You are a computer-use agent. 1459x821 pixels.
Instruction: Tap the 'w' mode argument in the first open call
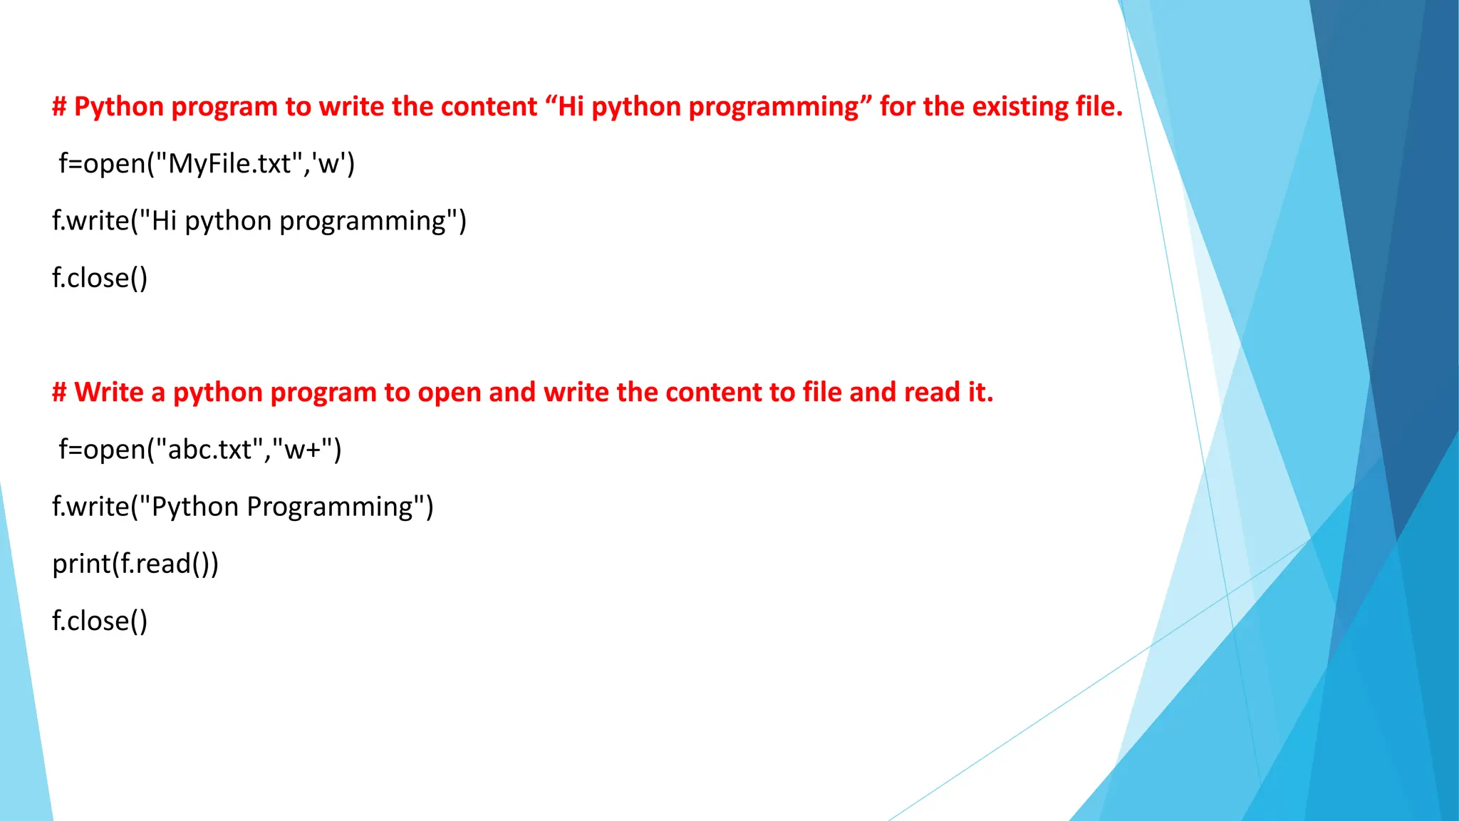point(328,164)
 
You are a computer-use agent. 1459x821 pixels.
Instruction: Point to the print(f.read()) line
point(135,564)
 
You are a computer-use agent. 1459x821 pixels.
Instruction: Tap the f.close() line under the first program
point(100,278)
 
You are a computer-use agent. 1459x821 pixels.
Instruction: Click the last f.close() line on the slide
point(100,621)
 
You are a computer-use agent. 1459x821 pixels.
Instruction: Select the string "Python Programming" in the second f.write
point(282,507)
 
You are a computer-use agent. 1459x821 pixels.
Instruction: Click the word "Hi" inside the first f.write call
point(164,221)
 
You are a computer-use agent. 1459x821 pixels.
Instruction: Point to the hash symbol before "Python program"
point(59,107)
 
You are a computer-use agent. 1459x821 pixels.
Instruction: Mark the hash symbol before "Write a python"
point(59,393)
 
